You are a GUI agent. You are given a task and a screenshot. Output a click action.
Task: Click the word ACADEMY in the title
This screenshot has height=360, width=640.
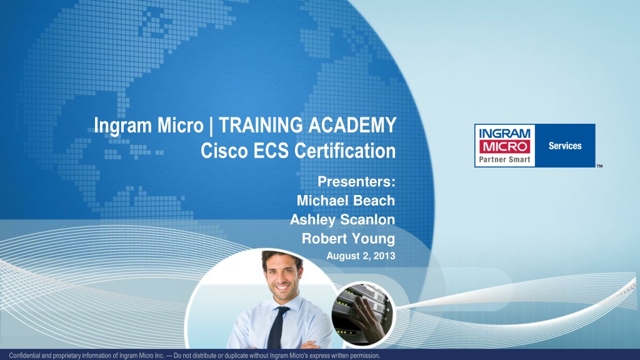[x=352, y=125]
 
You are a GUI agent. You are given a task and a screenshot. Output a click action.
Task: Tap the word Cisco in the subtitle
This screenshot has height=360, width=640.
[x=224, y=151]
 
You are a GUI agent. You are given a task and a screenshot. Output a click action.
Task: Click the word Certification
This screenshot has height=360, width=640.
[x=345, y=151]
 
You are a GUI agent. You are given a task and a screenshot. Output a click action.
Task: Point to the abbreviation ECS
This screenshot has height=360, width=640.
[x=271, y=151]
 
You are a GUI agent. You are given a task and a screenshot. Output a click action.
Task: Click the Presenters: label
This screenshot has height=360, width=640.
[x=356, y=182]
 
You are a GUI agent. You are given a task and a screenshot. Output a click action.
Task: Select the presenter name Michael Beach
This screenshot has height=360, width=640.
[x=346, y=201]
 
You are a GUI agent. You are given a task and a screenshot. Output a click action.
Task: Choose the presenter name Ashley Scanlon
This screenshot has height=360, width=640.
[x=342, y=219]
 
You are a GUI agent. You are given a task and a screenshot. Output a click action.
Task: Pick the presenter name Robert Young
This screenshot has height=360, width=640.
[x=348, y=239]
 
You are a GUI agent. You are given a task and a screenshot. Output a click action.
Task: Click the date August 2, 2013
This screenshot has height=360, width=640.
[x=361, y=256]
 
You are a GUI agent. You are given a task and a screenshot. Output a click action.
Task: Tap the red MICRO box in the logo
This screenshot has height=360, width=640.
[x=504, y=146]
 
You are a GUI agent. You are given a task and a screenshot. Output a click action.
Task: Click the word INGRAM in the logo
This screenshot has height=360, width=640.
[x=504, y=133]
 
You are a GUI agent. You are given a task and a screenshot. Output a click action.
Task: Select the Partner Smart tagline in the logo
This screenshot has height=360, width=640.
[x=504, y=159]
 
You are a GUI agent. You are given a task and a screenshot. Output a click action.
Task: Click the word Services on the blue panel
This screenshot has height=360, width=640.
[x=565, y=146]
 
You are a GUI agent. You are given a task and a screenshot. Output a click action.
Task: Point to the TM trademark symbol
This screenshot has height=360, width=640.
[x=599, y=166]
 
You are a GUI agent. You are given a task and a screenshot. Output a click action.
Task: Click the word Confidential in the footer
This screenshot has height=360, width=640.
[x=25, y=356]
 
